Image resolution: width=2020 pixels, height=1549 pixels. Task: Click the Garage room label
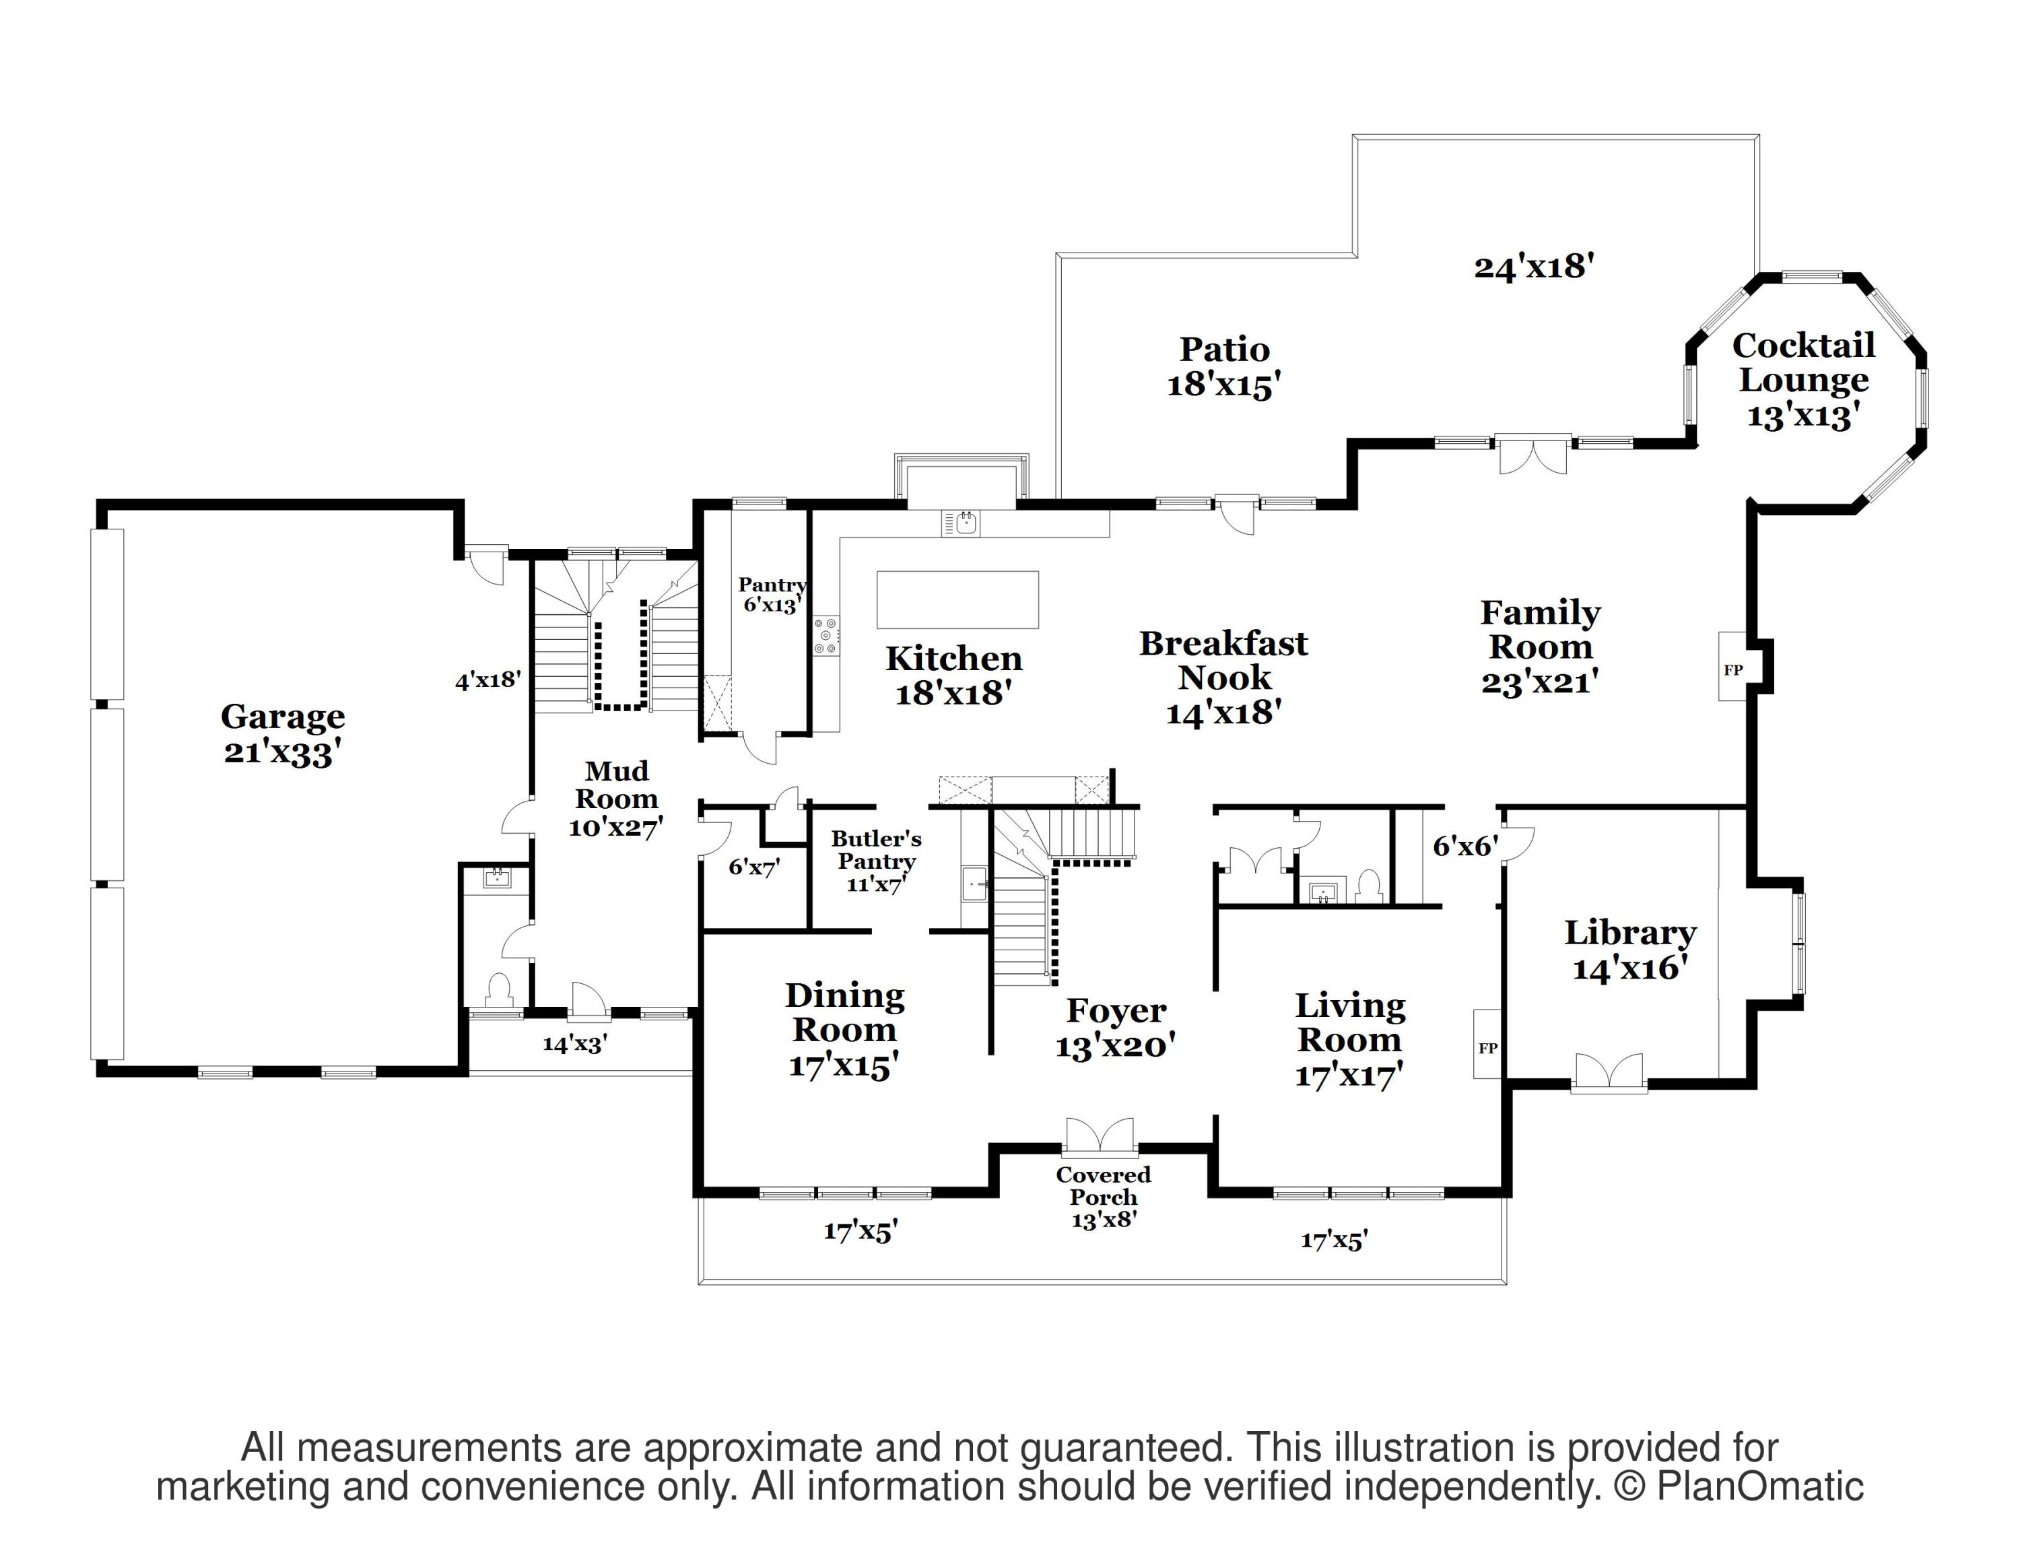pos(283,734)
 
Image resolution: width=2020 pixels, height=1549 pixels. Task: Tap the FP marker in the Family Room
pos(1732,670)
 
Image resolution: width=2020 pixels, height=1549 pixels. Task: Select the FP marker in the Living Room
pos(1487,1047)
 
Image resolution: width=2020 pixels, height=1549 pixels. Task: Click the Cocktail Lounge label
pos(1803,380)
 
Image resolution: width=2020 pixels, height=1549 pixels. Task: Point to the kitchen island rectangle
pos(957,599)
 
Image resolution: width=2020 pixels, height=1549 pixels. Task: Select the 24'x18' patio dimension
pos(1534,267)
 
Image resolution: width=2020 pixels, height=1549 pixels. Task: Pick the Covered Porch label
pos(1104,1197)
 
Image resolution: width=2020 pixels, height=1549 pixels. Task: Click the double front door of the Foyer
pos(1100,1137)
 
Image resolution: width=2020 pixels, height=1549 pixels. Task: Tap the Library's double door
pos(1609,1074)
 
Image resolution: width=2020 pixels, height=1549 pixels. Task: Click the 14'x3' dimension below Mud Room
pos(575,1044)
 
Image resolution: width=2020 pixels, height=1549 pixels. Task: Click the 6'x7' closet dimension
pos(754,867)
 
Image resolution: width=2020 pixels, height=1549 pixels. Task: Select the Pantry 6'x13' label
pos(772,595)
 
